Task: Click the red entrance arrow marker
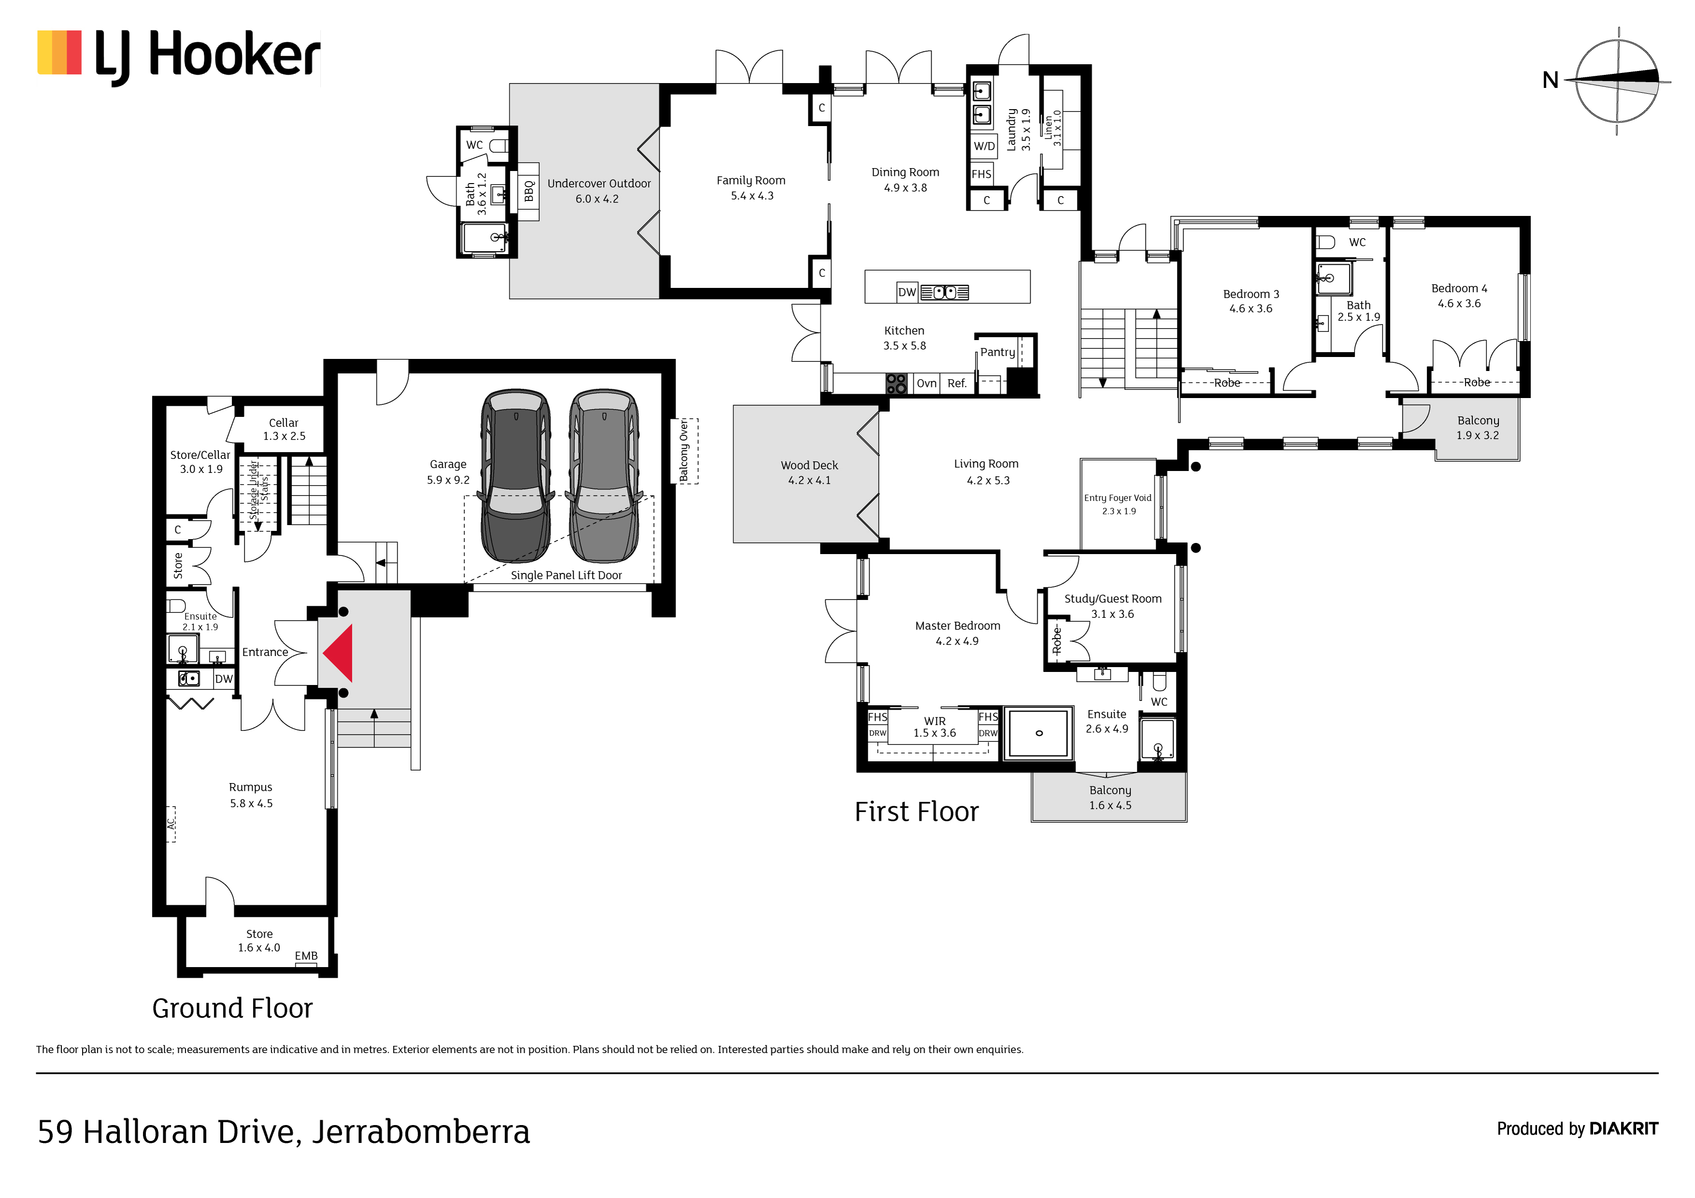[x=340, y=653]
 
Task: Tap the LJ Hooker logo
[x=179, y=56]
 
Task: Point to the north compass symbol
[x=1617, y=81]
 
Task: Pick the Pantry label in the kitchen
[x=997, y=353]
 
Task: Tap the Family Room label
[x=751, y=180]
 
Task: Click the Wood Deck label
[x=809, y=466]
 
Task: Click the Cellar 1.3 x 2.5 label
[x=284, y=429]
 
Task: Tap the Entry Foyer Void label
[x=1118, y=498]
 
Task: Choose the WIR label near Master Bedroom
[x=934, y=721]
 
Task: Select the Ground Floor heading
[x=232, y=1008]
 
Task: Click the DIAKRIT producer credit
[x=1623, y=1128]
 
